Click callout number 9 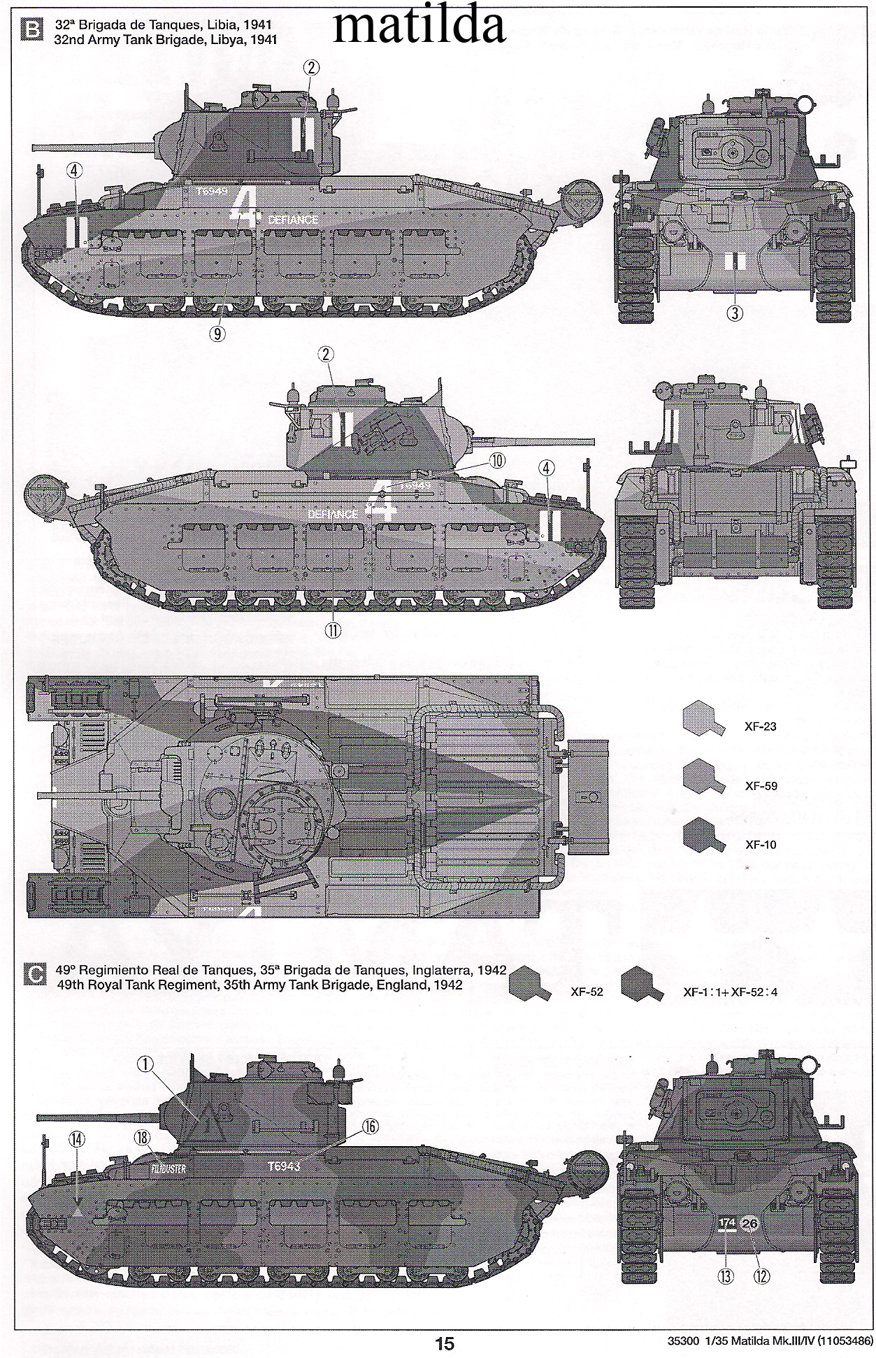(217, 334)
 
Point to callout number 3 (733, 313)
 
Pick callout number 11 (332, 630)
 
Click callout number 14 (77, 1138)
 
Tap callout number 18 (143, 1138)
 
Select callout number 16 (371, 1126)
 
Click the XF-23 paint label (761, 727)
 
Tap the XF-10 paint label (761, 845)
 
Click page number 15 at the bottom (445, 1343)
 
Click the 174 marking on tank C (728, 1222)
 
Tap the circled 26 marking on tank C (749, 1223)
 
